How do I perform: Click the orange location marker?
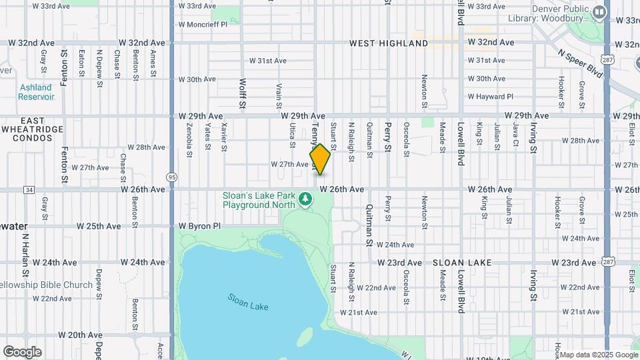tap(320, 159)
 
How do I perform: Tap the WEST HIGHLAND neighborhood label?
tap(389, 43)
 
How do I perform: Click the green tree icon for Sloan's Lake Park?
tap(305, 199)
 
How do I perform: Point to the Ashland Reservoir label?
tap(35, 92)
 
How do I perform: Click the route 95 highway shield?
tap(173, 177)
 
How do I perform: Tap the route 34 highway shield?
tap(29, 189)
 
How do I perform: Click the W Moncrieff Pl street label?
tap(203, 24)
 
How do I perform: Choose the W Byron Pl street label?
tap(199, 226)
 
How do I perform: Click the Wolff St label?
tap(243, 93)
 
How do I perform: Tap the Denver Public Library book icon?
tap(599, 11)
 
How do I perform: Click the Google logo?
tap(21, 351)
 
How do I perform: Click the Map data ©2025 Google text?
tap(599, 355)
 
